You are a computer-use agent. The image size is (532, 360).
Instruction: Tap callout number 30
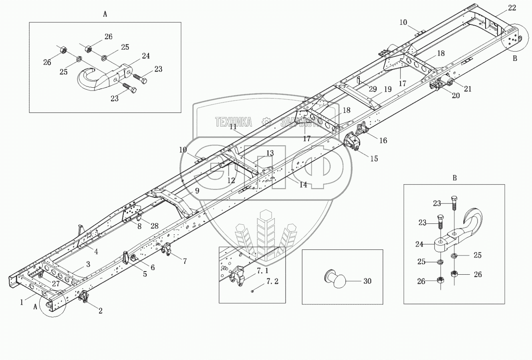[x=367, y=281]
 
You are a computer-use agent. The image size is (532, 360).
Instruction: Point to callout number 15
[x=374, y=159]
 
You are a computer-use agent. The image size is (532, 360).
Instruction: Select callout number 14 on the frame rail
[x=303, y=185]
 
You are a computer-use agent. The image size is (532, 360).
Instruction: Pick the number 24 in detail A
[x=145, y=56]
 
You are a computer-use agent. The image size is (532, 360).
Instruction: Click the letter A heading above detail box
[x=105, y=14]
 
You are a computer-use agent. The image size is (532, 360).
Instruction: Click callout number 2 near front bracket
[x=101, y=310]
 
